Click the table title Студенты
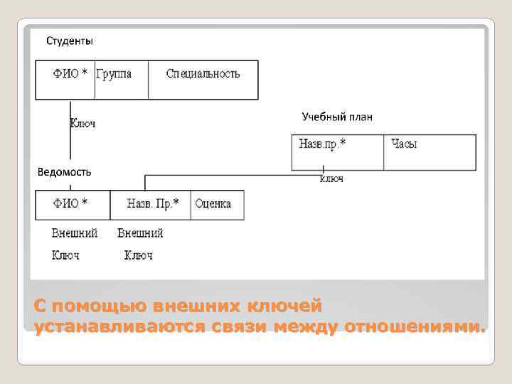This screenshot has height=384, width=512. (x=70, y=41)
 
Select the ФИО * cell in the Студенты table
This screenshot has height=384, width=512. (x=70, y=73)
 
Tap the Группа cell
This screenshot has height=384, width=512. (x=114, y=73)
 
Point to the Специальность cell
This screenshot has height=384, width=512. (x=203, y=73)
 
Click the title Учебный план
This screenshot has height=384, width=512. (x=337, y=117)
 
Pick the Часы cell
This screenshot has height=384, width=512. (x=404, y=144)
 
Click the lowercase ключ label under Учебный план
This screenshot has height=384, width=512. (x=331, y=178)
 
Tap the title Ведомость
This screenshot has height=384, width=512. (x=64, y=172)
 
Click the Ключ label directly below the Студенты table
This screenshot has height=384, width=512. (x=82, y=123)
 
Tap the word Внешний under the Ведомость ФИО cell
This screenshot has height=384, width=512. (x=74, y=233)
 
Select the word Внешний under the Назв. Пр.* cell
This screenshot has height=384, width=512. (x=140, y=233)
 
